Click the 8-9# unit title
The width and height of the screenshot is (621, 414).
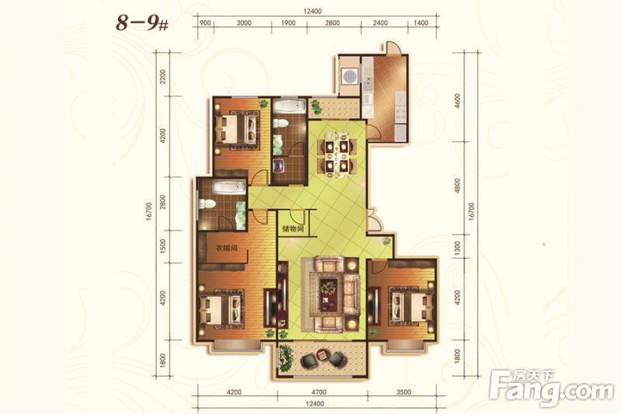coord(142,23)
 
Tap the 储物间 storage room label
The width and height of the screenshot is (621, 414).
coord(293,229)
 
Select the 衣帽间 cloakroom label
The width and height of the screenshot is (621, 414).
coord(227,249)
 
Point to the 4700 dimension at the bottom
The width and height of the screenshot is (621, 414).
coord(319,392)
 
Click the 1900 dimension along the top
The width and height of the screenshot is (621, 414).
coord(288,23)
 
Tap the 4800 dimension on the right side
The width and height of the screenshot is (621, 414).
coord(458,186)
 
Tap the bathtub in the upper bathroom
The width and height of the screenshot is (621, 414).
coord(289,107)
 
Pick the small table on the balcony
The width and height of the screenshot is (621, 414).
coord(322,355)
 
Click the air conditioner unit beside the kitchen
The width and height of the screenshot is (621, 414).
coord(351,76)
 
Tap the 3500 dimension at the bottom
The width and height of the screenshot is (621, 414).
coord(404,392)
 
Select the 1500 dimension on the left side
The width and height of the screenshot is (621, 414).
coord(163,245)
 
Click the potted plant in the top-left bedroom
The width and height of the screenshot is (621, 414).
coord(263,103)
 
